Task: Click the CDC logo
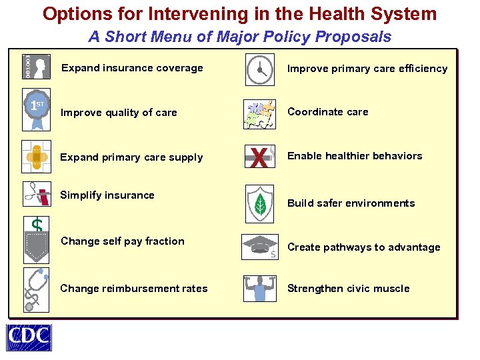coord(29,337)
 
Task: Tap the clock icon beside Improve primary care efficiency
coord(259,69)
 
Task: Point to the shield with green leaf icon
coord(259,203)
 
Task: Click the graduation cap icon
coord(259,246)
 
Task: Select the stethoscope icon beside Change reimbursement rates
coord(37,289)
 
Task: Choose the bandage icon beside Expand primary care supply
coord(37,157)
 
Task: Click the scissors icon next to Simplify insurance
coord(37,197)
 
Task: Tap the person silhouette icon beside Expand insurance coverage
coord(37,67)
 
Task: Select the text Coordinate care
coord(327,112)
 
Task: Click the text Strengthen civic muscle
coord(348,289)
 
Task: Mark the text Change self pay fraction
coord(122,241)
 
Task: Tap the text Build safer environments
coord(351,203)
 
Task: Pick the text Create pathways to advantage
coord(363,247)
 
